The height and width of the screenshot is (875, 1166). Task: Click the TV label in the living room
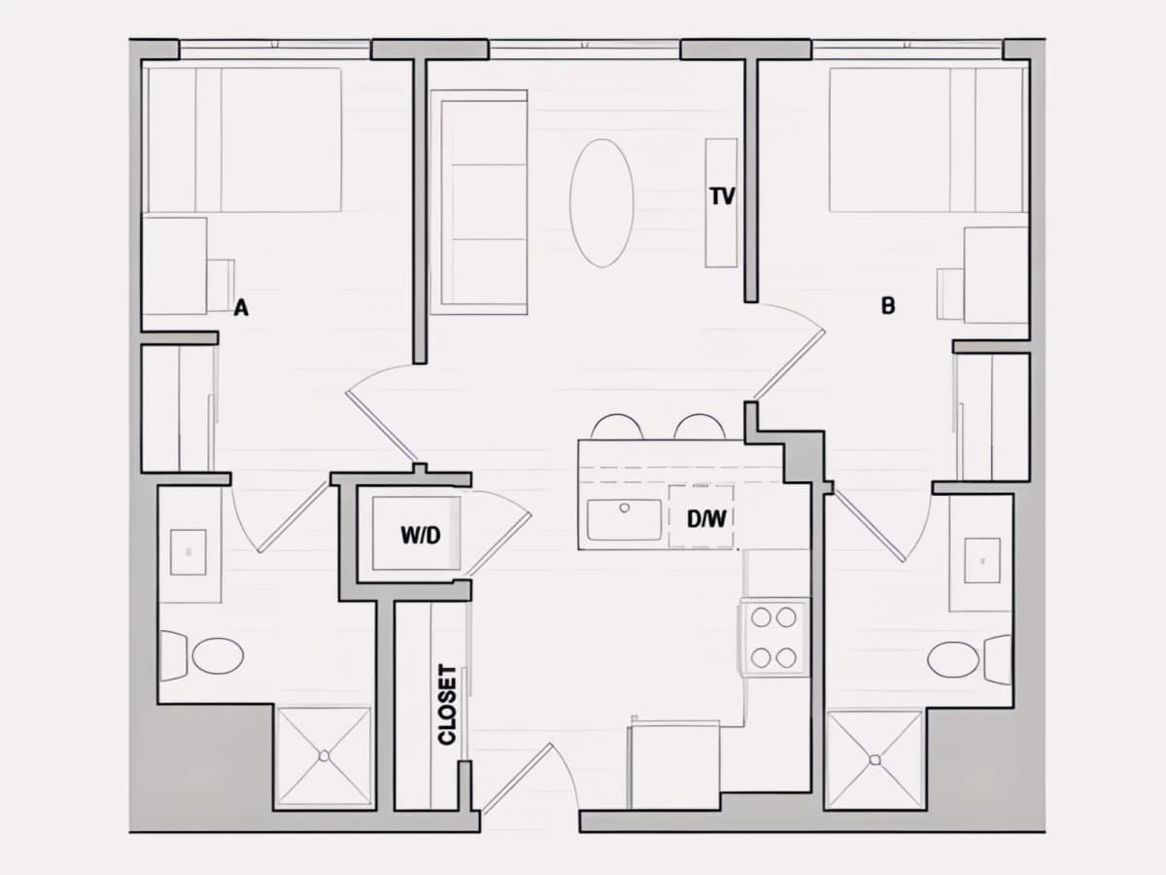click(723, 196)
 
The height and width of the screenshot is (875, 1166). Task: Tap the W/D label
click(421, 536)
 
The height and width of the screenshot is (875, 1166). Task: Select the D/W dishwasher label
click(706, 519)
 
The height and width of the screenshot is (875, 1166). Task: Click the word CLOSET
click(447, 705)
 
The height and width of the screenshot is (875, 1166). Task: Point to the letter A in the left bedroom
click(241, 307)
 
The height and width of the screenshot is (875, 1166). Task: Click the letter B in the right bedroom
click(888, 306)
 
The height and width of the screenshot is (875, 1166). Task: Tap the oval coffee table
click(601, 203)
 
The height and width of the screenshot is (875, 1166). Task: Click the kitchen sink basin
click(624, 519)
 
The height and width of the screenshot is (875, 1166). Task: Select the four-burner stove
click(773, 637)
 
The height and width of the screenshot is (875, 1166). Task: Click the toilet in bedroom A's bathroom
click(202, 655)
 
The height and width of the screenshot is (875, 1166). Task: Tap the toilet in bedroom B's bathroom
click(969, 660)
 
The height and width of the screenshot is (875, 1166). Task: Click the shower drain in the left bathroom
click(324, 755)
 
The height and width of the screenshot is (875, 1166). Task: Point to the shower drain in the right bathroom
click(874, 760)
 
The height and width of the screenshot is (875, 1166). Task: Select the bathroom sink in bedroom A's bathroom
click(189, 552)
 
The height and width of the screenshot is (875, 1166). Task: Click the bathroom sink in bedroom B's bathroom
click(982, 561)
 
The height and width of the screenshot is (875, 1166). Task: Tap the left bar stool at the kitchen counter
click(617, 427)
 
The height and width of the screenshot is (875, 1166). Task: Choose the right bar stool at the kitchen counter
click(700, 427)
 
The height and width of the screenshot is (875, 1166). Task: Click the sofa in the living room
click(479, 202)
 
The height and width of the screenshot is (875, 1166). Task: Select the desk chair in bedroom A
click(221, 285)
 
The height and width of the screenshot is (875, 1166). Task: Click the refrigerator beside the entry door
click(673, 764)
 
